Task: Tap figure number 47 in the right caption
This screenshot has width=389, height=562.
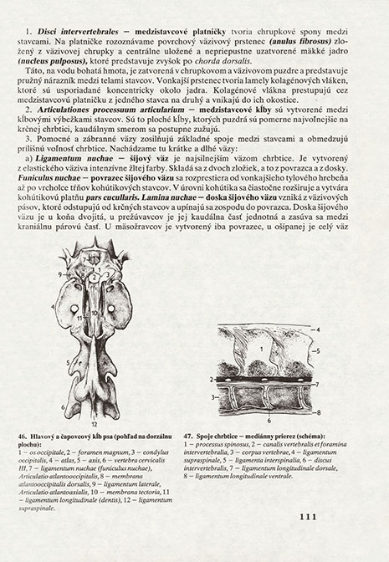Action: pyautogui.click(x=201, y=436)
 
